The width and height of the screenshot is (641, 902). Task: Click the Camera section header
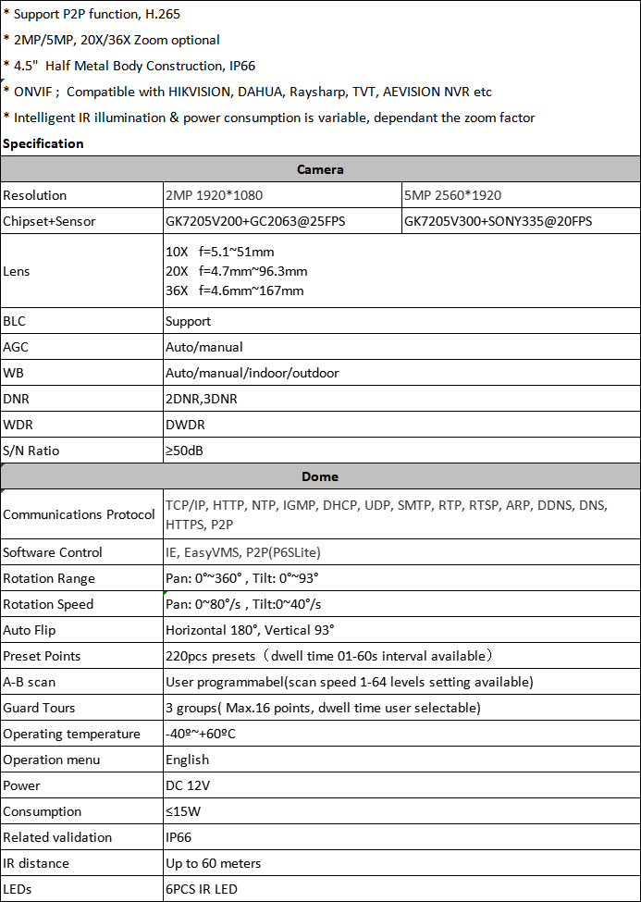point(320,169)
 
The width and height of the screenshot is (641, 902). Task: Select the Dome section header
point(320,476)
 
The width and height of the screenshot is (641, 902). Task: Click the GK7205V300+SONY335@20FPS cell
point(498,221)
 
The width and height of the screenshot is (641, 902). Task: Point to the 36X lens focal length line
point(234,290)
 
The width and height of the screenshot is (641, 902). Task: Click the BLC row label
point(15,321)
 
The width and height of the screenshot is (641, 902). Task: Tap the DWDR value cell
point(185,425)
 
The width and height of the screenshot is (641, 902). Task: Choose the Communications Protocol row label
point(79,514)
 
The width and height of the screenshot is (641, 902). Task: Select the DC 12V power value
point(188,785)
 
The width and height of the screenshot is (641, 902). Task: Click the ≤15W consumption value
point(185,811)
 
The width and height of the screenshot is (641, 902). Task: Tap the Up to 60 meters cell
point(213,863)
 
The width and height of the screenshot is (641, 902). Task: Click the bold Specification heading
point(43,143)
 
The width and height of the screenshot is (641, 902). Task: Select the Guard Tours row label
point(39,708)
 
